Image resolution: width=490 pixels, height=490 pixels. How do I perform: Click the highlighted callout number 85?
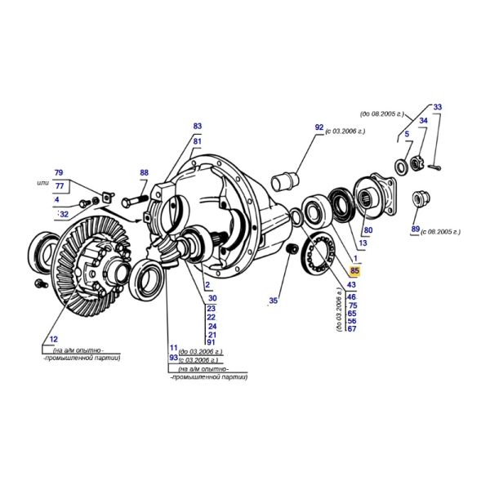354,270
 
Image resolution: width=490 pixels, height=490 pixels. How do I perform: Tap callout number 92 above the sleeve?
319,127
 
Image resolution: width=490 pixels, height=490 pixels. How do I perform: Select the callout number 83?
197,126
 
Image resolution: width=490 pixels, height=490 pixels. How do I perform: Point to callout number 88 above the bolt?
144,172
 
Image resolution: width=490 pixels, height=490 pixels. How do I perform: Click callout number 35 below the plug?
273,301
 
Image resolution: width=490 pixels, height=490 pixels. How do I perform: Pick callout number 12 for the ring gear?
54,339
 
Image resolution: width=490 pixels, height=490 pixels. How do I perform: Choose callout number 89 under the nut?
416,229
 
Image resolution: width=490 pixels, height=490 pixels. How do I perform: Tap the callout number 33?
438,107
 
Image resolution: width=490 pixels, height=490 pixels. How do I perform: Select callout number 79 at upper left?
59,172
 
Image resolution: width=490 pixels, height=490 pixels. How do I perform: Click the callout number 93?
173,357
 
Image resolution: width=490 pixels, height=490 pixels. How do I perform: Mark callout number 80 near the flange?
368,230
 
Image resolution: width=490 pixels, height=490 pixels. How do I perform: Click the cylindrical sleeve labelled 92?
285,181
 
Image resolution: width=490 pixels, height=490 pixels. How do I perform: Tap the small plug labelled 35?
291,249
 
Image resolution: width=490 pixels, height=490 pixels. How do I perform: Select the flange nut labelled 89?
421,198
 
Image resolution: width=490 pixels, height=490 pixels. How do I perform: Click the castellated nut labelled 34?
416,163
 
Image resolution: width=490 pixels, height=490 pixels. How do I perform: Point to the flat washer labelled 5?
401,167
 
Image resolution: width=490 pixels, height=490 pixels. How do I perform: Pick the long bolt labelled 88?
135,200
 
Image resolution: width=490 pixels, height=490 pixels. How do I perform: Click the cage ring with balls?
318,254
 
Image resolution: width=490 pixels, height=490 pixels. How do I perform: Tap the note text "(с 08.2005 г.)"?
441,232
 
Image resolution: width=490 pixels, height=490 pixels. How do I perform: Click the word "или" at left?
43,183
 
